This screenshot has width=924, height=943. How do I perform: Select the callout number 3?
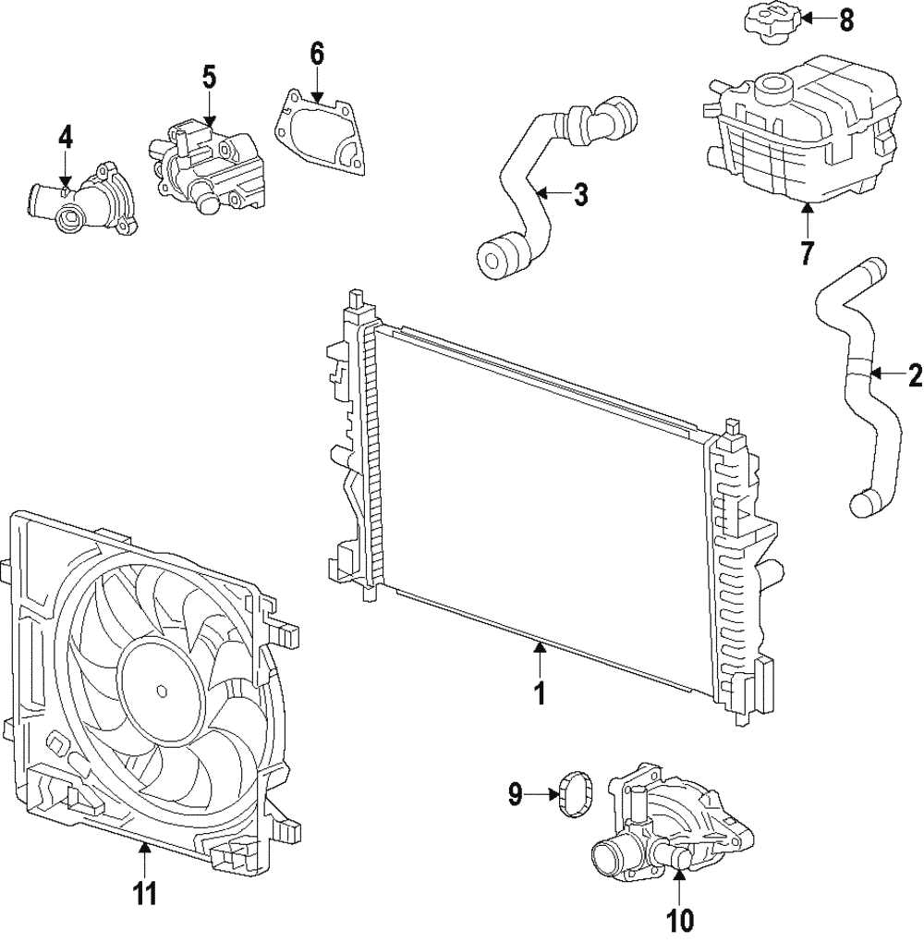[580, 194]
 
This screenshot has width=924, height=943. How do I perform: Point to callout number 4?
[65, 137]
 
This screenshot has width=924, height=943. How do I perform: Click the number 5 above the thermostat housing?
[210, 77]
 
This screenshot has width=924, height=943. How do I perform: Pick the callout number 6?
[317, 54]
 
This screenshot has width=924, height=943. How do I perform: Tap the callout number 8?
[845, 18]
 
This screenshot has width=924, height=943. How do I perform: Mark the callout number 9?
[516, 792]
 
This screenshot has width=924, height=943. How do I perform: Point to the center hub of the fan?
[162, 691]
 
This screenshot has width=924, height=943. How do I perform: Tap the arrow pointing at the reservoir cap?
[806, 18]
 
